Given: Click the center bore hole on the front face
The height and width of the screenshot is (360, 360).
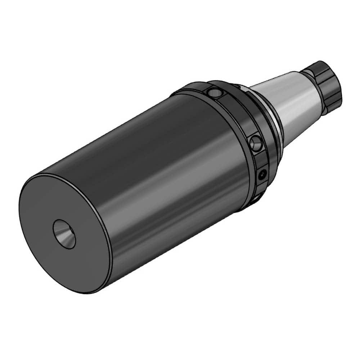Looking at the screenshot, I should point(64,234).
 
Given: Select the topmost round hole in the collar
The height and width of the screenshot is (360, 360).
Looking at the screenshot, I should point(215,93).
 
